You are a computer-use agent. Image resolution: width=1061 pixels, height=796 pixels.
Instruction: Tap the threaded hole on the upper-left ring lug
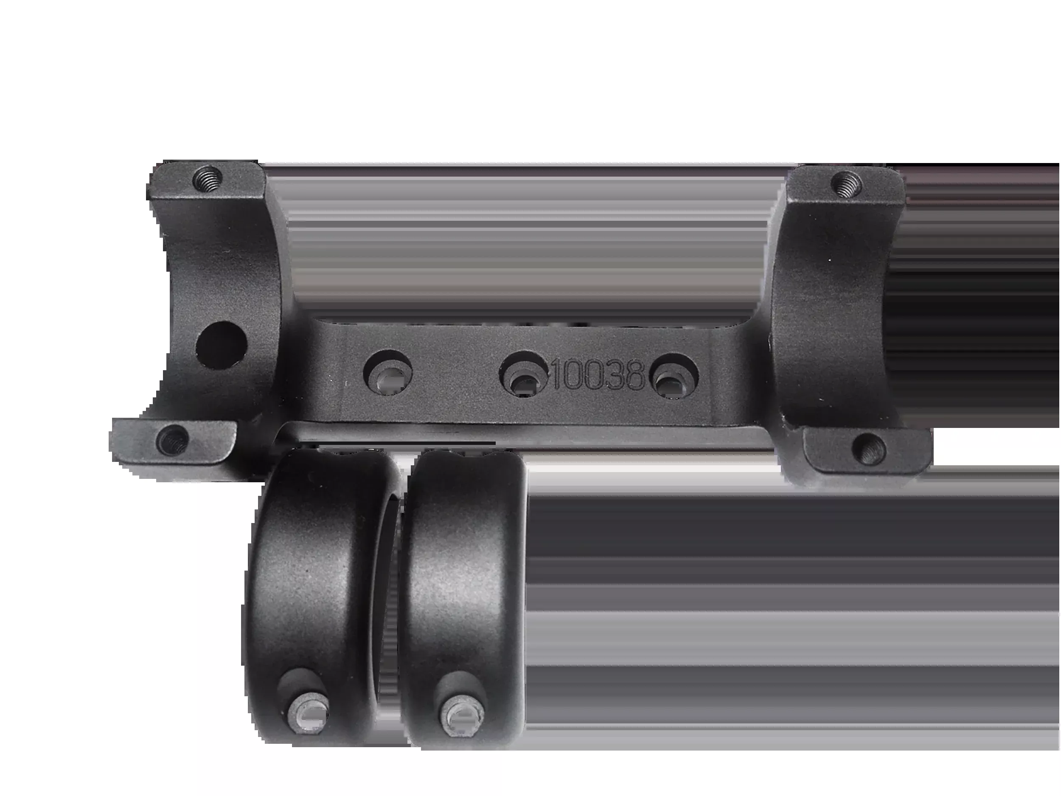207,181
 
